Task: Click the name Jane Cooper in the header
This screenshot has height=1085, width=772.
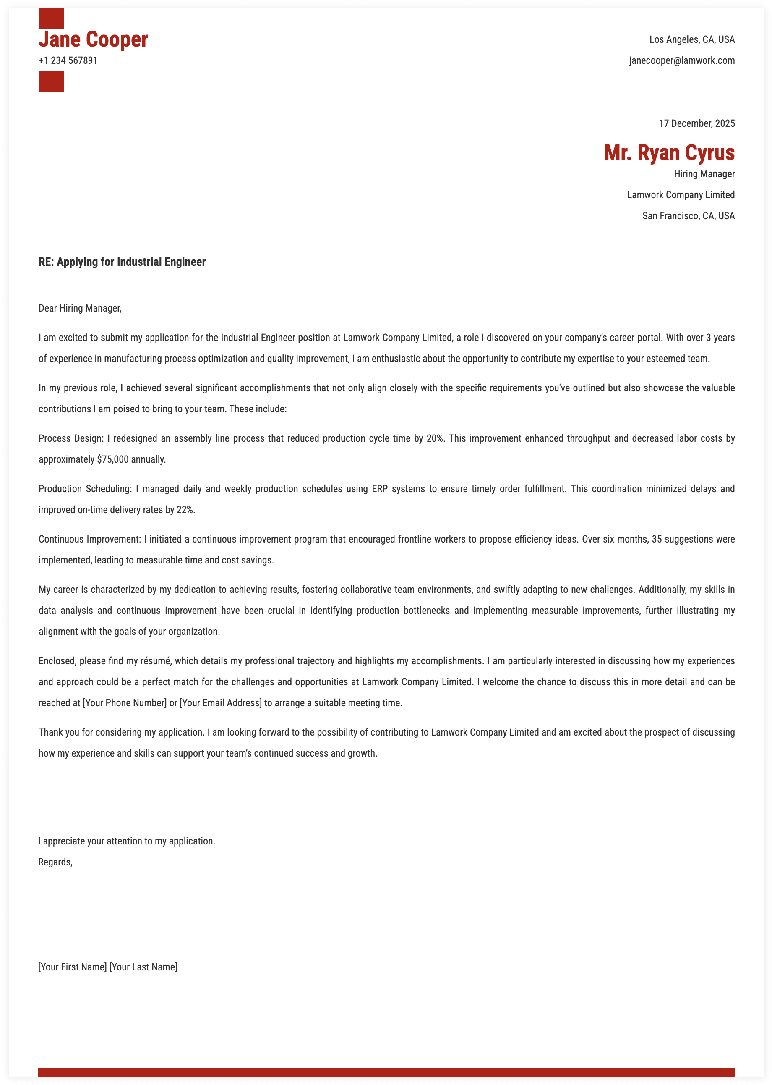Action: [93, 39]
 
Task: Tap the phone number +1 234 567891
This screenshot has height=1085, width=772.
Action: [68, 61]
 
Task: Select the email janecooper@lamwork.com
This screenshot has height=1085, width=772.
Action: [682, 61]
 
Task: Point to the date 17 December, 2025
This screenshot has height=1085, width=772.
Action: [696, 124]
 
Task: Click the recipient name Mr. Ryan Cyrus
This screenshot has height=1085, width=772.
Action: [669, 153]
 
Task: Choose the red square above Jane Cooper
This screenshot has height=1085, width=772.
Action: [51, 18]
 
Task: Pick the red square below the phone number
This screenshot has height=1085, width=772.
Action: [51, 81]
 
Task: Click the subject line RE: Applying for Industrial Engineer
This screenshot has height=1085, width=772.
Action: [122, 262]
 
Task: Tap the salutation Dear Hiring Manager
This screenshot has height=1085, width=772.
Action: [80, 308]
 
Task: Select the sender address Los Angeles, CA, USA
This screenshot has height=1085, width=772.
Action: [692, 39]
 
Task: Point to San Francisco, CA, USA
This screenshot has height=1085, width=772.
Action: [689, 216]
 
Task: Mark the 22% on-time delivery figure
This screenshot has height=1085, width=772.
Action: [185, 510]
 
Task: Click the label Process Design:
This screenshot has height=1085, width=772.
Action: [71, 438]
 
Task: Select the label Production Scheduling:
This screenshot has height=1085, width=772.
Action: [85, 489]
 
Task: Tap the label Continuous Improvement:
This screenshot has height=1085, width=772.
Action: [90, 540]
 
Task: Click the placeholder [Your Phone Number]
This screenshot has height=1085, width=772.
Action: [125, 703]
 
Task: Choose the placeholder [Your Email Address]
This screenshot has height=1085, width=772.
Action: [221, 703]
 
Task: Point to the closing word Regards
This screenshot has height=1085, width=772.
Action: [55, 862]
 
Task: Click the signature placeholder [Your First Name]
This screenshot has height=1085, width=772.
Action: [72, 967]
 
